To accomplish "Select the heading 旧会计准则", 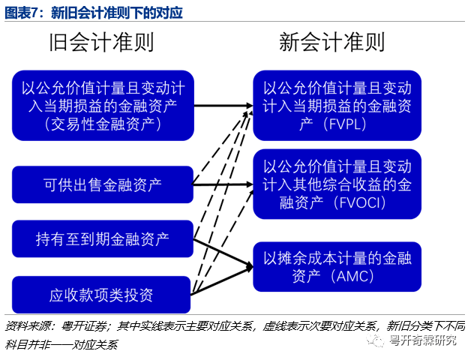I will click(102, 42).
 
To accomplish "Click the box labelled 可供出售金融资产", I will click(103, 184).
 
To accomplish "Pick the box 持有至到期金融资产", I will click(103, 239).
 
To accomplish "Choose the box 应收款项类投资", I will click(103, 294).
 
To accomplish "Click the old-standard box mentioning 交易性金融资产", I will click(103, 106).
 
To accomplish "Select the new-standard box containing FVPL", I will click(337, 106).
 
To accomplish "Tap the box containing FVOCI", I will click(337, 184).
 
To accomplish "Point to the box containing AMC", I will click(337, 266).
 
